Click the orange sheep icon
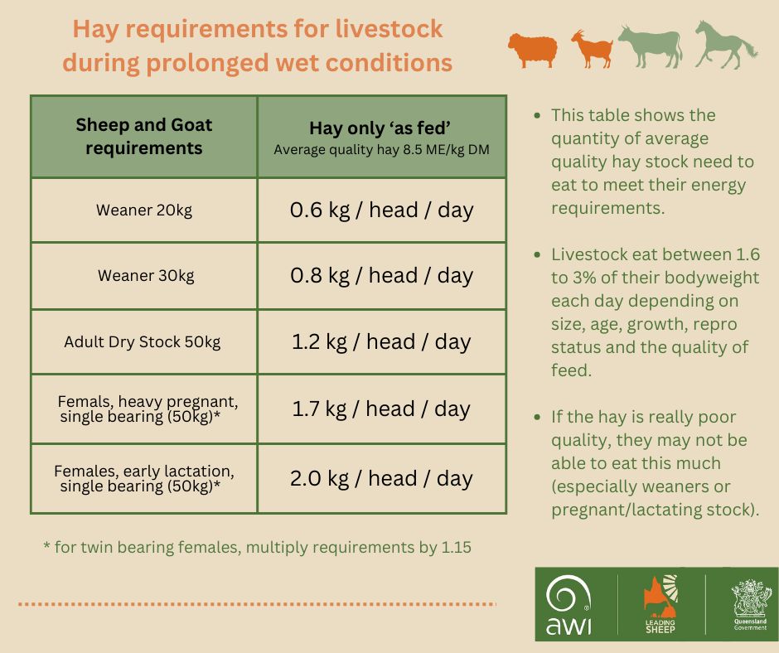[532, 50]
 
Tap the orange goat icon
[593, 49]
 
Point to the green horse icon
[725, 45]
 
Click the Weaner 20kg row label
[144, 210]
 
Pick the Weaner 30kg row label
[146, 275]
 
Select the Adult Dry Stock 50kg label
[142, 342]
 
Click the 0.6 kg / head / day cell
[381, 210]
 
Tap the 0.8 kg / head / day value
[381, 275]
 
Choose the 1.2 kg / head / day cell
[381, 342]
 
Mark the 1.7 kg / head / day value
[381, 409]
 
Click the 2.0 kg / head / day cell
[381, 479]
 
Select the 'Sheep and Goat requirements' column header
[144, 136]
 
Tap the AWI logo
[569, 604]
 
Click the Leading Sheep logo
[660, 603]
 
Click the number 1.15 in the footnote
[456, 547]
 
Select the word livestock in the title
[389, 28]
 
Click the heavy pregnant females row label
[148, 409]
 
